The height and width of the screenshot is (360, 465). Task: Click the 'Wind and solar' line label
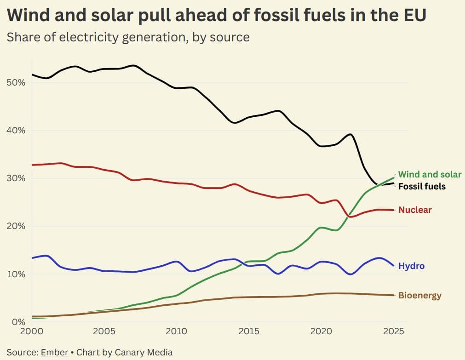pos(429,175)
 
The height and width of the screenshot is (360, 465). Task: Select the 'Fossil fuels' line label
pos(421,186)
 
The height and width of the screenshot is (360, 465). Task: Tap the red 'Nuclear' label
pos(415,210)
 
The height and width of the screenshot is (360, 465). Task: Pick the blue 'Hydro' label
pos(411,266)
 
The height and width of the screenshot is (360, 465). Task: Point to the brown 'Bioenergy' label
pos(419,295)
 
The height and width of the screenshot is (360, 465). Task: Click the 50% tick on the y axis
pos(16,83)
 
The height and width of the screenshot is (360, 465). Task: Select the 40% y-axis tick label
pos(16,131)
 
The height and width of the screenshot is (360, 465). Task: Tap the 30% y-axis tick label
pos(16,178)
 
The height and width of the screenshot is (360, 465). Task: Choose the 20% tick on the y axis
pos(16,226)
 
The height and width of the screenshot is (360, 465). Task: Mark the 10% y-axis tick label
pos(16,274)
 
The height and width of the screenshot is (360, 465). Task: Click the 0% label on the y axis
pos(18,322)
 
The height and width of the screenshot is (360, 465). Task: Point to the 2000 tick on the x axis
pos(32,331)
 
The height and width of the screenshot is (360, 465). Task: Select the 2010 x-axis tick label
pos(176,331)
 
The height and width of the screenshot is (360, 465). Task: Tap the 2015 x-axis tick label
pos(248,331)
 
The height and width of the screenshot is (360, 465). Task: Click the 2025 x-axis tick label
pos(393,331)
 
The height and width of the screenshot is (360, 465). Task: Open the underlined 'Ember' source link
pos(54,353)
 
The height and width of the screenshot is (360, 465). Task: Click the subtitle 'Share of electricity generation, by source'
pos(128,37)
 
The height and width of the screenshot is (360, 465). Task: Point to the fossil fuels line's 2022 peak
pos(350,134)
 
